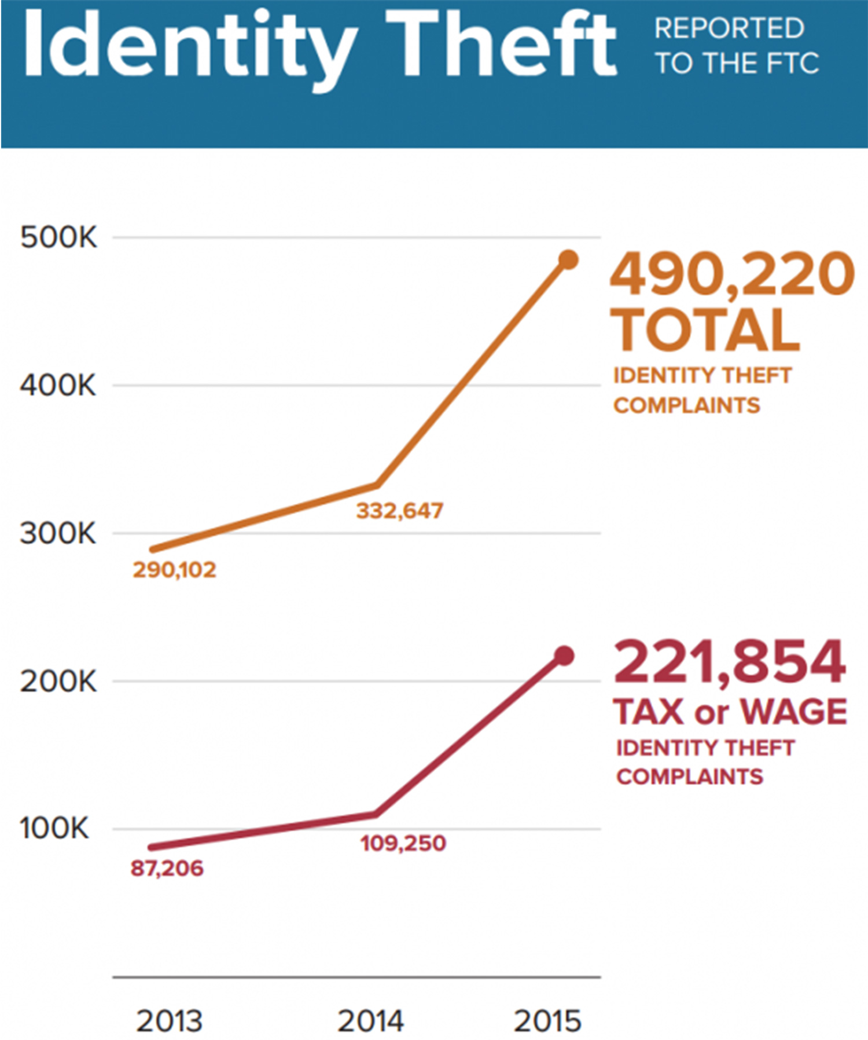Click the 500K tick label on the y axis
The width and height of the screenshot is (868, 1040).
(x=58, y=237)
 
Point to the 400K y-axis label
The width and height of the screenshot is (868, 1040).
(x=58, y=385)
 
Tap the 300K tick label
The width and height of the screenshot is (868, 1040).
(x=58, y=533)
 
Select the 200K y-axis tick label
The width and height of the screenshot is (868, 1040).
(x=58, y=682)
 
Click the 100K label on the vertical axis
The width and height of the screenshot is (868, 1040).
(x=54, y=829)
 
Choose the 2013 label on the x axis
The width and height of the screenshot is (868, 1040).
(x=169, y=1021)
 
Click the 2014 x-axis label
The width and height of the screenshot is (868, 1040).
(x=370, y=1021)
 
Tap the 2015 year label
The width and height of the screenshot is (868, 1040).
(x=547, y=1021)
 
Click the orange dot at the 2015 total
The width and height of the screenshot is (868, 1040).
(x=569, y=260)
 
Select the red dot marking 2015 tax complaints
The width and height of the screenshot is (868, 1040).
(x=564, y=656)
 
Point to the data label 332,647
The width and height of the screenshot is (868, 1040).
(x=399, y=511)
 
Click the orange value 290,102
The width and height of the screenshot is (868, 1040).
(x=174, y=570)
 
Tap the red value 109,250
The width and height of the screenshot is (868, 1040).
(x=403, y=843)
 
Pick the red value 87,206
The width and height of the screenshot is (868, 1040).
(x=167, y=869)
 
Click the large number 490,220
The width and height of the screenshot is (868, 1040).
(x=732, y=274)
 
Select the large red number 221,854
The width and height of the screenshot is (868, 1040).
(x=730, y=661)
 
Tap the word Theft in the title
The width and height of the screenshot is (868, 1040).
(x=501, y=45)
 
